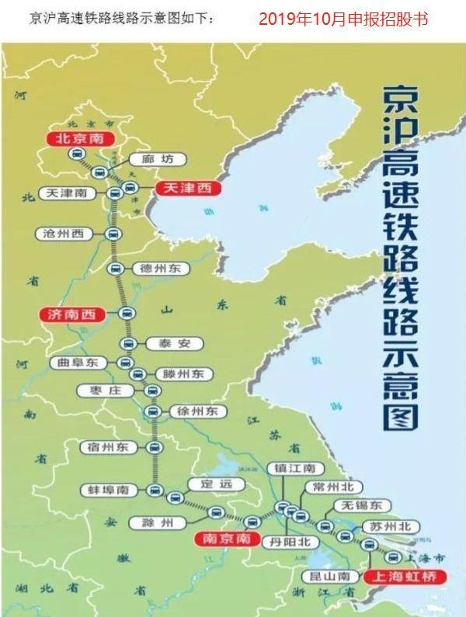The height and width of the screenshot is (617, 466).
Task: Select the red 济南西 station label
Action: click(72, 314)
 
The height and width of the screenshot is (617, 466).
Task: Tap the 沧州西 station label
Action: click(64, 234)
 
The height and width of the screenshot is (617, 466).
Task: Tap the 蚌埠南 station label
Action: click(109, 490)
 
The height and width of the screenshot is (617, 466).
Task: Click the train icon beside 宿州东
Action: click(154, 448)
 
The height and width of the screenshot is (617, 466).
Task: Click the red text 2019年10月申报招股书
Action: click(343, 19)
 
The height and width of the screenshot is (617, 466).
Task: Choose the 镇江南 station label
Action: click(290, 470)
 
